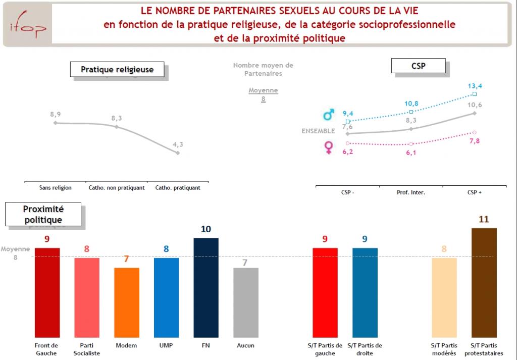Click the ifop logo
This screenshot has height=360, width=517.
(28, 26)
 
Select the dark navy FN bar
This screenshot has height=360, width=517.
(206, 287)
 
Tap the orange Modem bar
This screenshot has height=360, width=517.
(127, 302)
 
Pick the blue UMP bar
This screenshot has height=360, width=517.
(166, 297)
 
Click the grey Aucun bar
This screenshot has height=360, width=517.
(245, 302)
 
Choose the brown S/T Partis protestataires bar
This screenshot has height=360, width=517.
(484, 282)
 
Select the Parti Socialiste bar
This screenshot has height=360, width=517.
(87, 297)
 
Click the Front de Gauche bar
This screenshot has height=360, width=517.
(47, 292)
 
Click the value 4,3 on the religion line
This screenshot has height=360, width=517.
(178, 144)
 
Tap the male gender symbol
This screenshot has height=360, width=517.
(329, 116)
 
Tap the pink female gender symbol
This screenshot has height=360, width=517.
(329, 147)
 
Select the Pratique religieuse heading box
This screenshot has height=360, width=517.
(117, 70)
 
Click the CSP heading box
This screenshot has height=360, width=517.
(419, 66)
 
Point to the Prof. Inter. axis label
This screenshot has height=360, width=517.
(411, 192)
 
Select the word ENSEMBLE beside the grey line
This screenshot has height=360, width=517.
(318, 131)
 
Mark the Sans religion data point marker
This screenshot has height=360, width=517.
(55, 123)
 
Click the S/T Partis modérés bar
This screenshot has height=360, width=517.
(444, 297)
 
